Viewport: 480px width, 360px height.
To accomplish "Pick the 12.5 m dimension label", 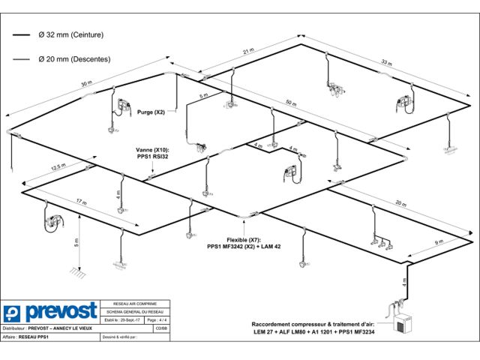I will tap(50, 168).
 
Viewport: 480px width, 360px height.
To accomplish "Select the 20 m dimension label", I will tap(401, 202).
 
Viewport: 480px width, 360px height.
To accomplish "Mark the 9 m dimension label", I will tap(439, 242).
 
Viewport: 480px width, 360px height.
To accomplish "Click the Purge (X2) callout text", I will tap(151, 112).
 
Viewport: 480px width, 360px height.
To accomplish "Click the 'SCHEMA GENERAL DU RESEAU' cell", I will tap(135, 311).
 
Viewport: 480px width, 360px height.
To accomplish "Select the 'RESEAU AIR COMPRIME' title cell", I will tap(135, 304).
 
